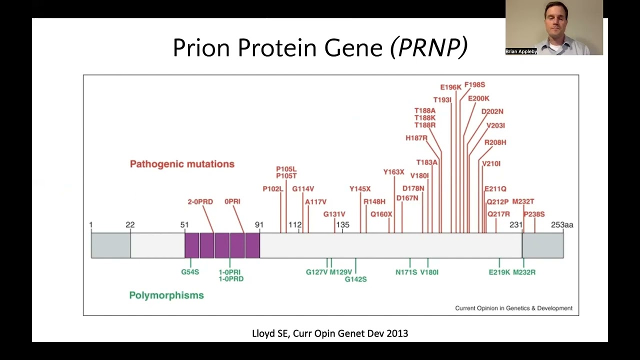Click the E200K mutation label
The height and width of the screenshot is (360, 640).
[478, 98]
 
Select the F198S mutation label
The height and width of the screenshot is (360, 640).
[474, 85]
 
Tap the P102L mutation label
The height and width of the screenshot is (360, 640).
[273, 189]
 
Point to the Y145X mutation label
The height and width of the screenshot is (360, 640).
[360, 189]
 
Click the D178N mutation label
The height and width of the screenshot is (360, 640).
[413, 188]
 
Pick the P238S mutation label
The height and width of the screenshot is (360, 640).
[534, 214]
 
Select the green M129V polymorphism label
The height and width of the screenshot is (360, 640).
[340, 272]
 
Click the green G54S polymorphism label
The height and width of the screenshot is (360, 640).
[190, 272]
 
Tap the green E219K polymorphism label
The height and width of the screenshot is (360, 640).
[499, 272]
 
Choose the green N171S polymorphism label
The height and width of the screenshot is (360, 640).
[406, 272]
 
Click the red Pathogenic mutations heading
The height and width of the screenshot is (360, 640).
[182, 164]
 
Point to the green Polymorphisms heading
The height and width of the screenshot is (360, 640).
[166, 295]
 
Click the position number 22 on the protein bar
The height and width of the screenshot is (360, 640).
[130, 225]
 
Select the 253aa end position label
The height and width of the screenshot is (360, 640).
[562, 225]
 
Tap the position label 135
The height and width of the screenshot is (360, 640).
[342, 225]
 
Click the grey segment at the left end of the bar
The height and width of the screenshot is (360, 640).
[110, 245]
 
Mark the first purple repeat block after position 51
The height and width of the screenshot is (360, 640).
[192, 245]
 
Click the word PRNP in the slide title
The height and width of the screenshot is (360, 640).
[429, 48]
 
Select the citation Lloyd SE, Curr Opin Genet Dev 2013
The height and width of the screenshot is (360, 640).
[330, 333]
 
